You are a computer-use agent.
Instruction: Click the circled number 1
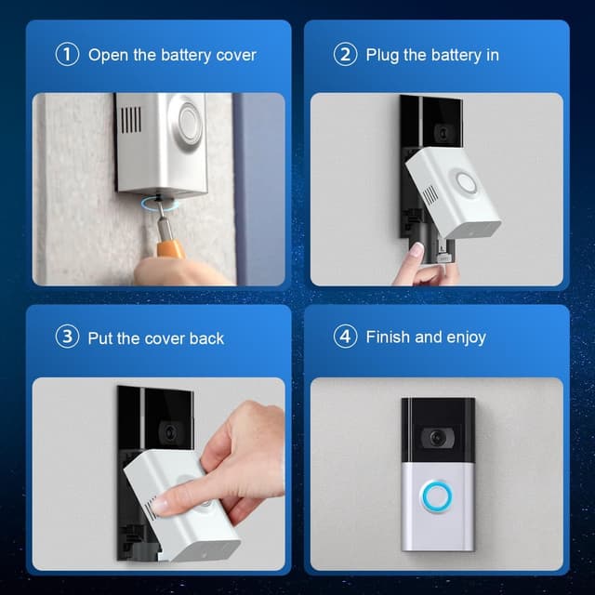point(67,54)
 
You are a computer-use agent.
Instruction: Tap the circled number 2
point(345,54)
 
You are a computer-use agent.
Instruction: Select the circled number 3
point(67,337)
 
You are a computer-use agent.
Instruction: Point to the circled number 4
point(345,337)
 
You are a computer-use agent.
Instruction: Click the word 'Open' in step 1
point(108,55)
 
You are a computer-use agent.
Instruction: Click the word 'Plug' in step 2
point(383,55)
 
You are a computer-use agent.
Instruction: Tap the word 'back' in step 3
point(206,338)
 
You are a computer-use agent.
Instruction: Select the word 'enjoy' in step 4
point(463,337)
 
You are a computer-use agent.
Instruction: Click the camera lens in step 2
point(443,133)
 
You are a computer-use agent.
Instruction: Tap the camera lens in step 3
point(168,432)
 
